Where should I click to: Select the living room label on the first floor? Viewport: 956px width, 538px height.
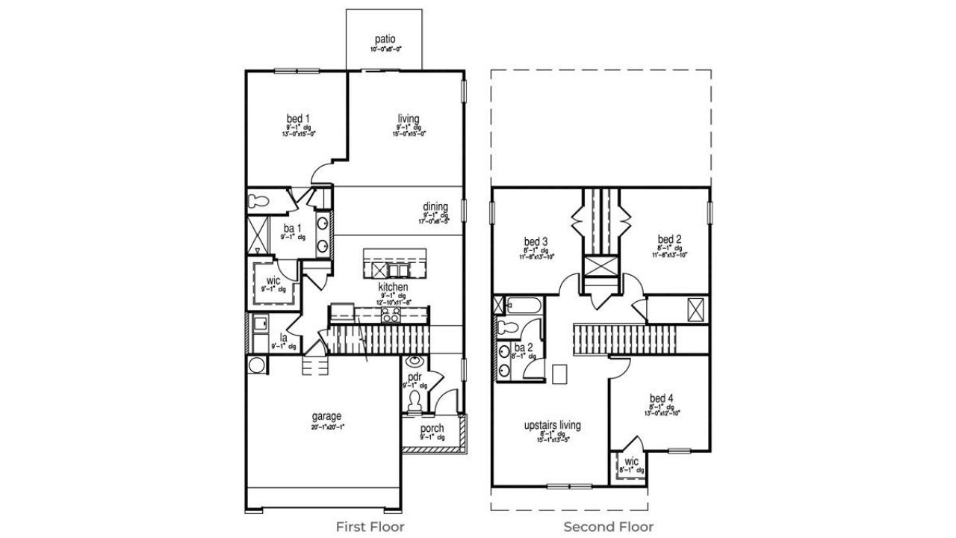tap(408, 119)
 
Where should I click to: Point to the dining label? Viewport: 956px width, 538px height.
tap(435, 207)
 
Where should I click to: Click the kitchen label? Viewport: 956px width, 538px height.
tap(393, 287)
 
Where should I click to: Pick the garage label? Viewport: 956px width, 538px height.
tap(326, 416)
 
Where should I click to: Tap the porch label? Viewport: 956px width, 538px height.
tap(432, 428)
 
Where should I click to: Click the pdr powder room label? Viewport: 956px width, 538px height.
tap(415, 377)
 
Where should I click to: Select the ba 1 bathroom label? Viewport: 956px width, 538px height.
tap(292, 229)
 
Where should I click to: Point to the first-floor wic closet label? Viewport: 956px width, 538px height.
tap(273, 281)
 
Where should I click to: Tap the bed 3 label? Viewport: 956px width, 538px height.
tap(536, 241)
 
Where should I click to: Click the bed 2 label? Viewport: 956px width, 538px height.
tap(669, 239)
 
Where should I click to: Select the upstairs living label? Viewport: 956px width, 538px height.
tap(553, 425)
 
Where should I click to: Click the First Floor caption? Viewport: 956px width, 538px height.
tap(370, 527)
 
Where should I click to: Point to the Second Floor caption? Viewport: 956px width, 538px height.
tap(609, 527)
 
